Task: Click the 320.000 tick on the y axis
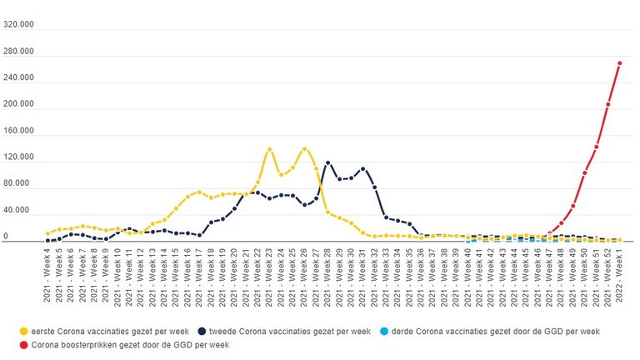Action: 18,25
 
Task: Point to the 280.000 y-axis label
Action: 18,52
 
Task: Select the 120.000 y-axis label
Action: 18,157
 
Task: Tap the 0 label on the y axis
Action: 6,237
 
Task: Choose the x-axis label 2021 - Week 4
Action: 47,274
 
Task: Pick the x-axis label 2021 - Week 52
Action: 607,274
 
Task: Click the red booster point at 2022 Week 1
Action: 619,63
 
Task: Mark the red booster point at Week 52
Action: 607,105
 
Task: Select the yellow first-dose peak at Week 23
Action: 269,150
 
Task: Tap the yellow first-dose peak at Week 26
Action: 304,150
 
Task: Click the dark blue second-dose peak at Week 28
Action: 327,163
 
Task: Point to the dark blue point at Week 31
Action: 362,169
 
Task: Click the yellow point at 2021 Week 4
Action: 47,234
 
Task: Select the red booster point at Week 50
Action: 584,173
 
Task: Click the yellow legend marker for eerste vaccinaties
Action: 25,331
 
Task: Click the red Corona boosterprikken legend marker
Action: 25,343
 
